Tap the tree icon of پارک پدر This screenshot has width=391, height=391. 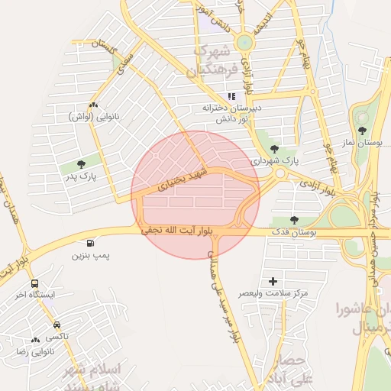coord(81,163)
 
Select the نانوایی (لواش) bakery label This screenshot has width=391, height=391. coord(92,117)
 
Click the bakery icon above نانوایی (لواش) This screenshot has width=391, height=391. coord(93,106)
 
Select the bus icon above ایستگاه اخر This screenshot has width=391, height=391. coord(34,284)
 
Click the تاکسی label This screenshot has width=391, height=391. coord(57,336)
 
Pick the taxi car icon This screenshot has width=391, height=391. coord(57,325)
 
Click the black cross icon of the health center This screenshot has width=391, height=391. coord(273,282)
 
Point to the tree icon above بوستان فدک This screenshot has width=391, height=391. coord(294,220)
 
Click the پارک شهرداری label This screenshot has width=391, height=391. coord(275,161)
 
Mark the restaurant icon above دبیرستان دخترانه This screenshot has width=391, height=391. coord(230,96)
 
